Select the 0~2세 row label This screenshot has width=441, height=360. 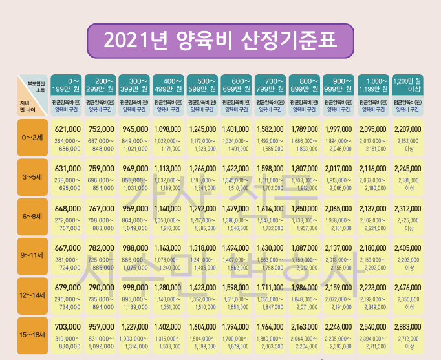(x=32, y=137)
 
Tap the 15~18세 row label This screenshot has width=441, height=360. (x=32, y=335)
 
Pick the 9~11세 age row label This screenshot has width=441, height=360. (x=32, y=256)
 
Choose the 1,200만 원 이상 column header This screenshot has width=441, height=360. (x=408, y=83)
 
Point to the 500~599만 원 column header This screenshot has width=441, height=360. (x=203, y=83)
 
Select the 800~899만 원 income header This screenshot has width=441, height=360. (x=305, y=83)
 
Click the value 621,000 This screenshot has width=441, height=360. (x=67, y=129)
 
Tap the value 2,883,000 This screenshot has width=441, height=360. (x=408, y=327)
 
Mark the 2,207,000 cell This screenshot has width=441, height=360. (x=408, y=129)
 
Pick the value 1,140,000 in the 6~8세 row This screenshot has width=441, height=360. (x=169, y=209)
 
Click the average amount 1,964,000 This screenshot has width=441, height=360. (x=271, y=327)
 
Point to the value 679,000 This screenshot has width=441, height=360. (x=67, y=288)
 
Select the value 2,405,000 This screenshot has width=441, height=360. (x=408, y=248)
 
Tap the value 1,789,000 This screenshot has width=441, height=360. (x=305, y=129)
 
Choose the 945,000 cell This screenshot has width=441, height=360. (x=134, y=129)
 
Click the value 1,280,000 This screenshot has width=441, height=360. (x=169, y=288)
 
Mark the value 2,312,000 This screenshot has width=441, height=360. (x=408, y=209)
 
